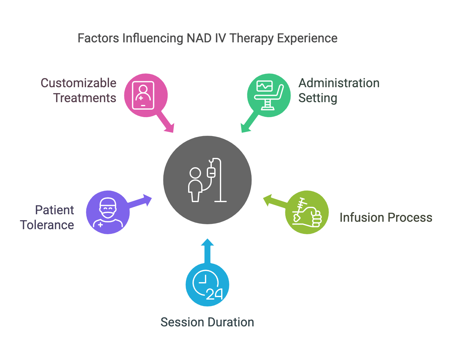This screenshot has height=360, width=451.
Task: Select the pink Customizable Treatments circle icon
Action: coord(146,95)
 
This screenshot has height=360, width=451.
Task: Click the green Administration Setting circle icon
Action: coord(269,95)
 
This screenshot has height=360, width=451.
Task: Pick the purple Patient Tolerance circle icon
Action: coord(108,212)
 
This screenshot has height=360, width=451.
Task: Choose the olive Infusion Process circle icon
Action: coord(307,212)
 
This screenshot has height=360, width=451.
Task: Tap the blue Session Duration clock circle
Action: coord(207,284)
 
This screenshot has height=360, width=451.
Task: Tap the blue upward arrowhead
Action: coord(207,244)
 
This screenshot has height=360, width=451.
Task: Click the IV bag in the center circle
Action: coord(211,172)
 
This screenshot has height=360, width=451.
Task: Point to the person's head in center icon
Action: coord(195,173)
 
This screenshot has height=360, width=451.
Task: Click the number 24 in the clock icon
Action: coord(214,294)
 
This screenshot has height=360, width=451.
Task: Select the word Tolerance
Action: coord(47,225)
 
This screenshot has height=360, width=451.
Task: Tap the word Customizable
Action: coord(78,83)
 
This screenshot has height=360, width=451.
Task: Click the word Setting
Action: coord(317,98)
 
